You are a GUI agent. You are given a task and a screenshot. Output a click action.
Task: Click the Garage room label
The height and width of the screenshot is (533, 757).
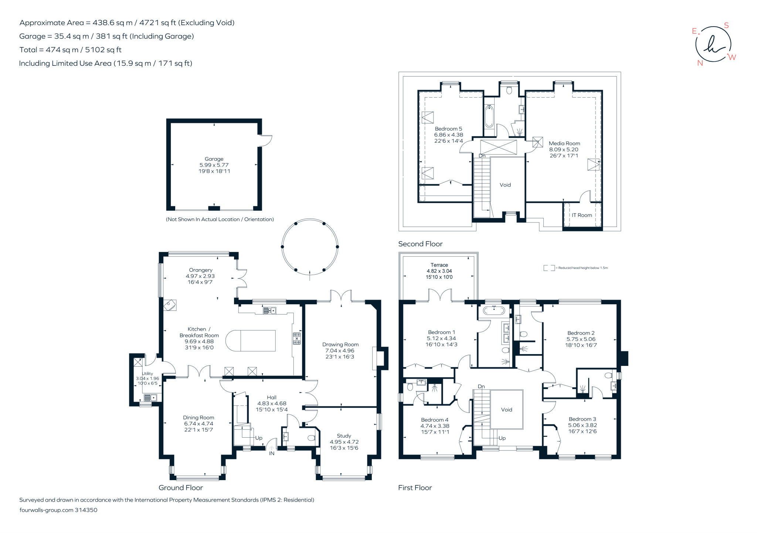tap(214, 159)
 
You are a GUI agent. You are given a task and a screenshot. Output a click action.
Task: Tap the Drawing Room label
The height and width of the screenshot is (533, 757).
tap(340, 344)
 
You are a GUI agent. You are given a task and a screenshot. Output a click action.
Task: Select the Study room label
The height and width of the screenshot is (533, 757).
tap(344, 436)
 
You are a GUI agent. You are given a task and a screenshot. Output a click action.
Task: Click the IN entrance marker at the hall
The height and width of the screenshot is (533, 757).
tap(272, 453)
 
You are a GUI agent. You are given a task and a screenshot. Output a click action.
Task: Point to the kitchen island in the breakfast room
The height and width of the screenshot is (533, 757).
tap(251, 340)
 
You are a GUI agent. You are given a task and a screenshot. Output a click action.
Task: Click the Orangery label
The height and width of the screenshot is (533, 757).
tap(201, 270)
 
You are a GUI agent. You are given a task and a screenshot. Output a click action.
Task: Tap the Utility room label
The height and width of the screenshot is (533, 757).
tap(147, 374)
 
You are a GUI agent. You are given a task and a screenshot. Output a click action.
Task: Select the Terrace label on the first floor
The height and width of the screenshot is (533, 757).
tap(439, 265)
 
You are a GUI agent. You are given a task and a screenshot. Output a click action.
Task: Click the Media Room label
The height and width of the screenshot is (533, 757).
tap(564, 143)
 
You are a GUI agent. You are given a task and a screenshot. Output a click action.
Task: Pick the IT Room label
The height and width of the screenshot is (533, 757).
tap(582, 215)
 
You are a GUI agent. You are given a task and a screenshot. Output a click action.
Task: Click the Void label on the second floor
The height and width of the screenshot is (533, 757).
tap(505, 185)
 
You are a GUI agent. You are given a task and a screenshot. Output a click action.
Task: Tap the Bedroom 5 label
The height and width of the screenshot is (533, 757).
tap(448, 129)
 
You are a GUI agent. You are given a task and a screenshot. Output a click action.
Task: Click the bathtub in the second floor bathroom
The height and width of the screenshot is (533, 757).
tap(489, 116)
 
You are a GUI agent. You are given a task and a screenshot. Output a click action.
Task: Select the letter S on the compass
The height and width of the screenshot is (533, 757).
tap(726, 26)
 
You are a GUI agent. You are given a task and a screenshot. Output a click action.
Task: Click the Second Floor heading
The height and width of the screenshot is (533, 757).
tap(420, 244)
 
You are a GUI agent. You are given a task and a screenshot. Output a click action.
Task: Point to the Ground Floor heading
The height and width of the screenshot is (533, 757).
tap(181, 488)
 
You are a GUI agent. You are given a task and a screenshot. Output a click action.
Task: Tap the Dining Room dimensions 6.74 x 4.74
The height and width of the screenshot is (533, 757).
tap(198, 424)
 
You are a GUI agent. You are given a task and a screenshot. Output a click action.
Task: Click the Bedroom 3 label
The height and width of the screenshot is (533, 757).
tap(582, 419)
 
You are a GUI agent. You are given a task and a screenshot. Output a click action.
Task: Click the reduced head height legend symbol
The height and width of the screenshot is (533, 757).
tap(549, 268)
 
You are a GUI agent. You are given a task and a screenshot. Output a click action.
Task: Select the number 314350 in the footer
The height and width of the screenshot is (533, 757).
tap(86, 510)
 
